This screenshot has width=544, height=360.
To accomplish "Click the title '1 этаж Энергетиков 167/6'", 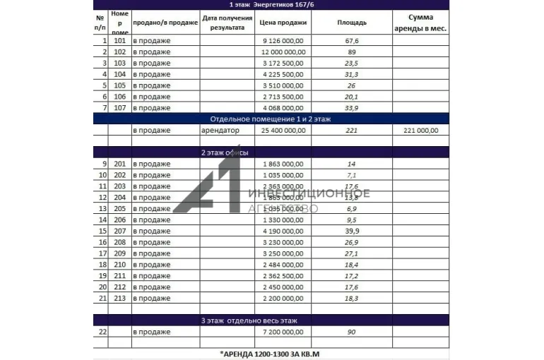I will point(272,5).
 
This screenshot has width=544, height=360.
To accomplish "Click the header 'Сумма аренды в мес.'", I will point(420,23).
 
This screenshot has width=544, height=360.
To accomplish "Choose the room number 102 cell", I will point(119,52).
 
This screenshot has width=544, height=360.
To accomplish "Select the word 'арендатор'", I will point(221,131).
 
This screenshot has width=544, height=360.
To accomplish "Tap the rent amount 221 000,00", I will point(420,131).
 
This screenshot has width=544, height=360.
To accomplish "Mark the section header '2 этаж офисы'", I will point(225,152).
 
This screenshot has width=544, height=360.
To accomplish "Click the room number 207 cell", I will point(119,231).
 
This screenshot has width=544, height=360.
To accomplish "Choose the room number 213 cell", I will point(119,298).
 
